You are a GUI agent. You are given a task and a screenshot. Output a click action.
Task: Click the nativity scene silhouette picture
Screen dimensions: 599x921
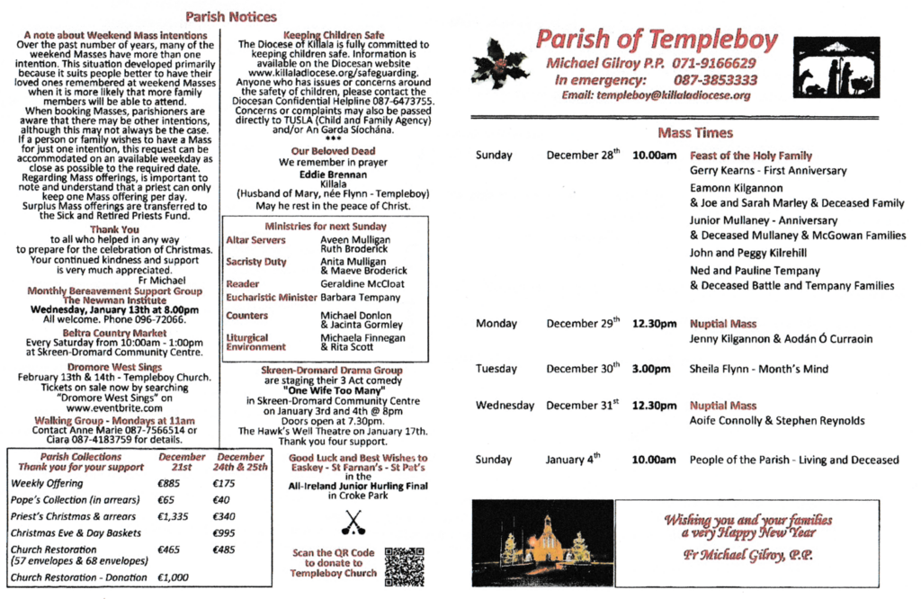coord(836,66)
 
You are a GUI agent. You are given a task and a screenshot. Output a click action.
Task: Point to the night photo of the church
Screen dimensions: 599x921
coord(541,543)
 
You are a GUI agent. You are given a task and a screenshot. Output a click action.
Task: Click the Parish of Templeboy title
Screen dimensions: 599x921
coord(656,39)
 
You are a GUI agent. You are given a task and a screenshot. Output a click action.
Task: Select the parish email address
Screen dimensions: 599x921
coord(656,95)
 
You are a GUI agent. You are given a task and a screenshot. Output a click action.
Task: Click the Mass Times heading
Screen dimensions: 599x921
coord(694,133)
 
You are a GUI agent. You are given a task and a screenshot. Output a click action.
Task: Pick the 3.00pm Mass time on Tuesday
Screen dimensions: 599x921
coord(654,369)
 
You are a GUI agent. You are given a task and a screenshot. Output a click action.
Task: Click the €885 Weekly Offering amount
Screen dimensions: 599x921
coord(168,484)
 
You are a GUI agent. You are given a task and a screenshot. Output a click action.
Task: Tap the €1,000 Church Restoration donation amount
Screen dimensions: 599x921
coord(173,577)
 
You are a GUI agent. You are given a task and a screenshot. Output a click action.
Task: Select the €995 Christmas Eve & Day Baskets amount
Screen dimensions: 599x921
coord(225,532)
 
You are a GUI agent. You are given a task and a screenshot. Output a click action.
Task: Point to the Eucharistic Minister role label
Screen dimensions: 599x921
coord(271,297)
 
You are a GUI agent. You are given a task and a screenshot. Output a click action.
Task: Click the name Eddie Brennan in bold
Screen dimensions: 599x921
coord(332,174)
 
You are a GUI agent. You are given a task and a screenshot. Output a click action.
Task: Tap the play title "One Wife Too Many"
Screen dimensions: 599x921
coord(332,389)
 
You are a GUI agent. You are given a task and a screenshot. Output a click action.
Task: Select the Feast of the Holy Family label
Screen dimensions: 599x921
coord(750,156)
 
